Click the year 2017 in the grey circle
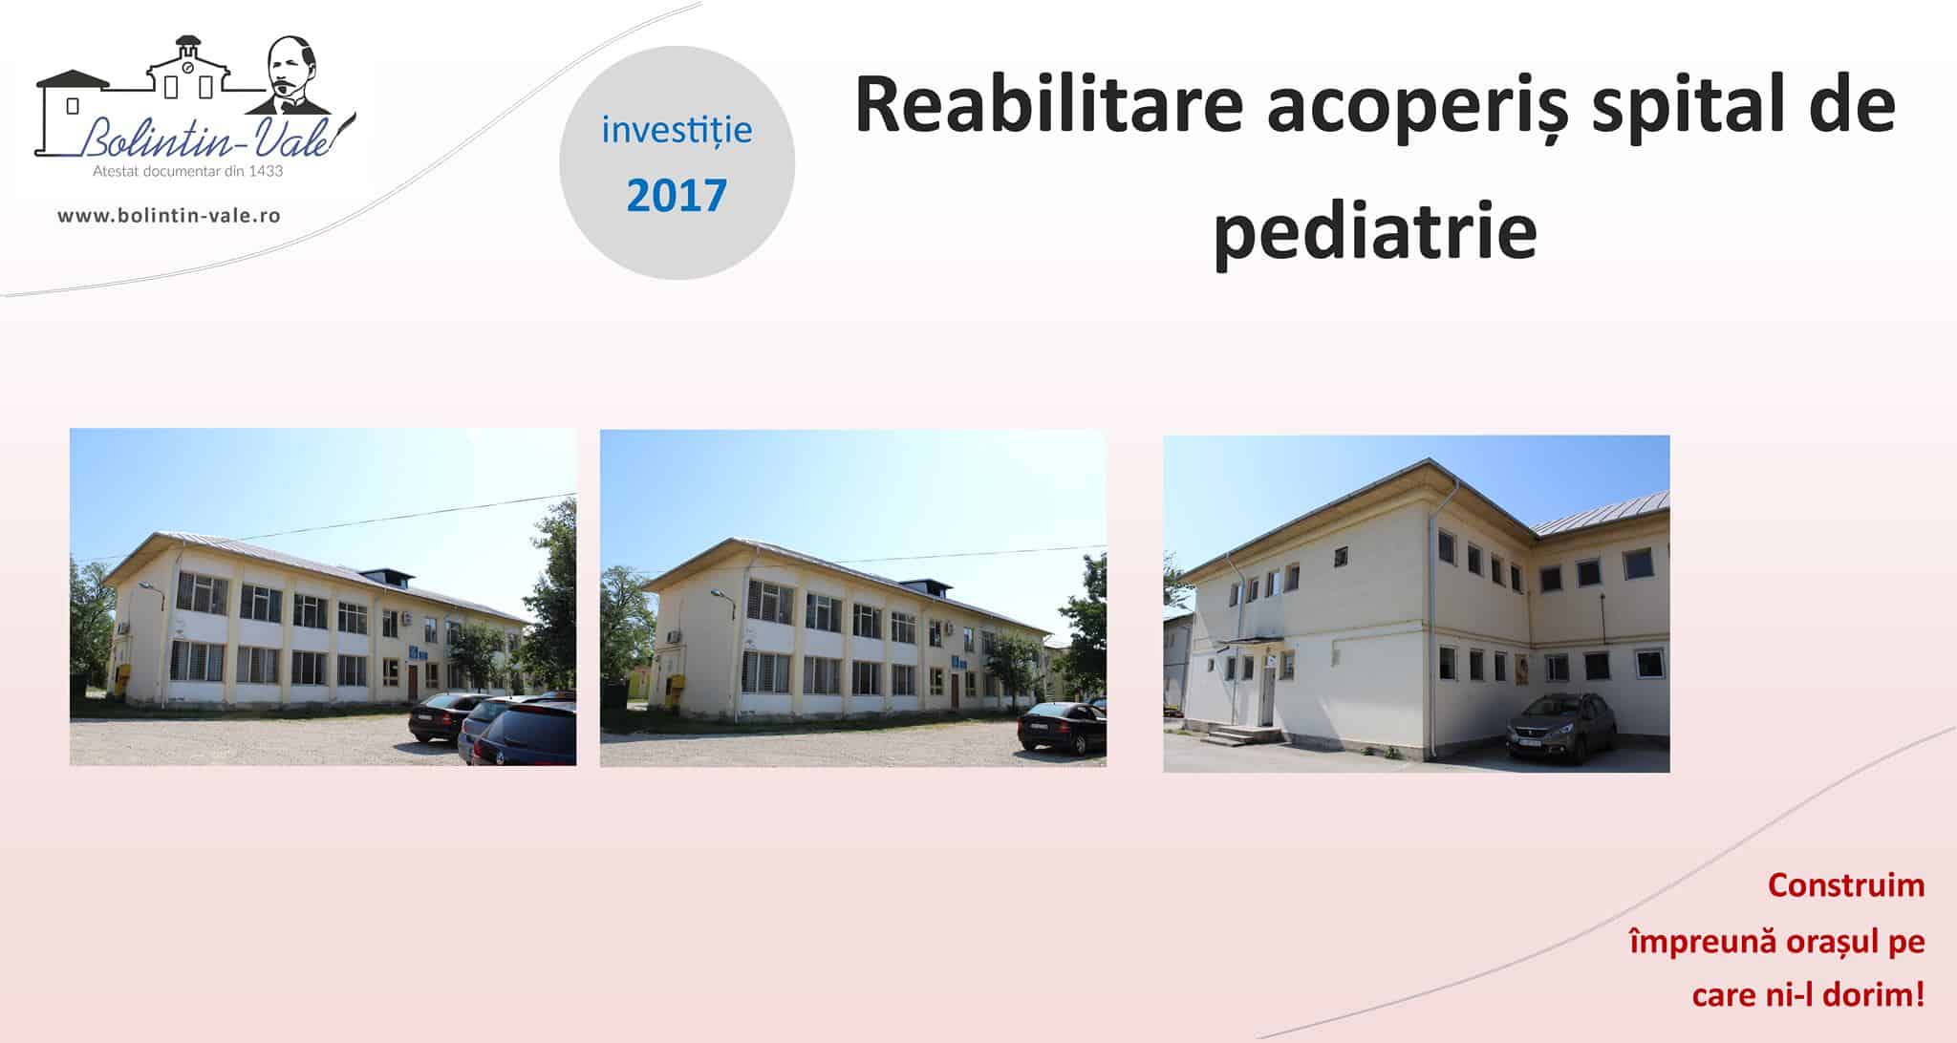(677, 195)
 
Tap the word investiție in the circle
(677, 130)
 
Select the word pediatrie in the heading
(1375, 231)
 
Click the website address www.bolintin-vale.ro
(169, 216)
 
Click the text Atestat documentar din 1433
(187, 172)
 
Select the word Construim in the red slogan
(1846, 885)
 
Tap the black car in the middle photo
(1061, 728)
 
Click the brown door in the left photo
(413, 683)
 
